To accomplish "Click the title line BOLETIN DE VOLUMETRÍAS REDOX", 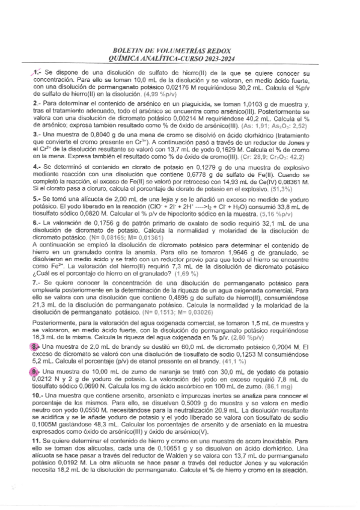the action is pyautogui.click(x=180, y=52).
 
